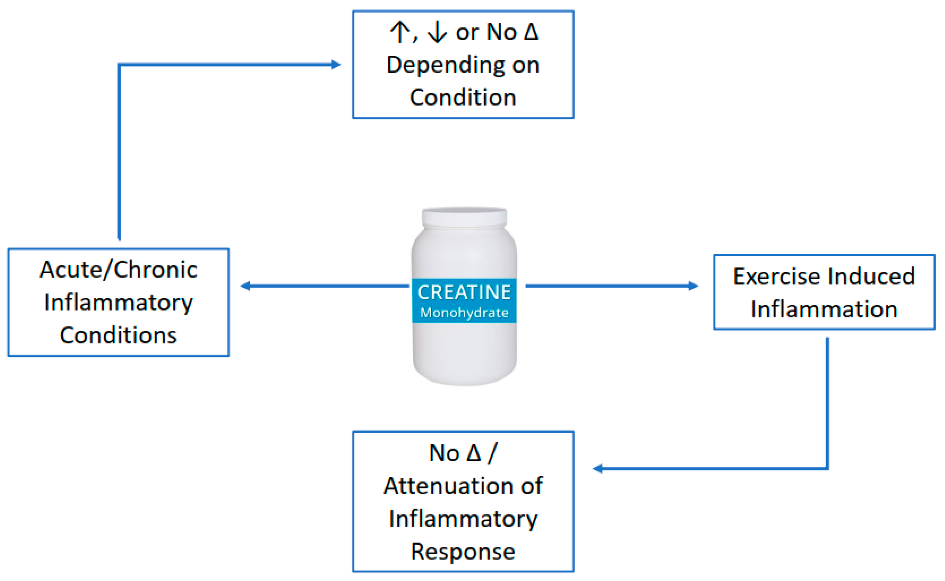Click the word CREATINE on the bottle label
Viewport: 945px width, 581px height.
coord(464,292)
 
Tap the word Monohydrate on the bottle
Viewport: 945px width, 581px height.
coord(464,313)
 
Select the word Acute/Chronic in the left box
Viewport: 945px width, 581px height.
coord(118,270)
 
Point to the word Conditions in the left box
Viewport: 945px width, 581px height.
coord(118,336)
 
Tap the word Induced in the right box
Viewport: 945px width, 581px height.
coord(872,276)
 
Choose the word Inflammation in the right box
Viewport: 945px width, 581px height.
coord(824,309)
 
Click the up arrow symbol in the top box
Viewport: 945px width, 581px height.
coord(400,32)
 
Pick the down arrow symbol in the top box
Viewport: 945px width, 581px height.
coord(437,32)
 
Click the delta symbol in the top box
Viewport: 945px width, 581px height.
coord(531,32)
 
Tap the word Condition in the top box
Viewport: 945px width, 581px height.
coord(463,98)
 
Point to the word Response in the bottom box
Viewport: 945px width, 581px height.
coord(463,552)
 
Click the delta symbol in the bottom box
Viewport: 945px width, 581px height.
coord(474,453)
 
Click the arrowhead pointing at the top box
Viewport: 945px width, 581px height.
coord(336,65)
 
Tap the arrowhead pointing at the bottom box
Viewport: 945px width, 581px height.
coord(597,469)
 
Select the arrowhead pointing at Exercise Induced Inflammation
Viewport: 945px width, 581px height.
coord(693,286)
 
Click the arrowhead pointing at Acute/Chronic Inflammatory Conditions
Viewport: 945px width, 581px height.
coord(245,286)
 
